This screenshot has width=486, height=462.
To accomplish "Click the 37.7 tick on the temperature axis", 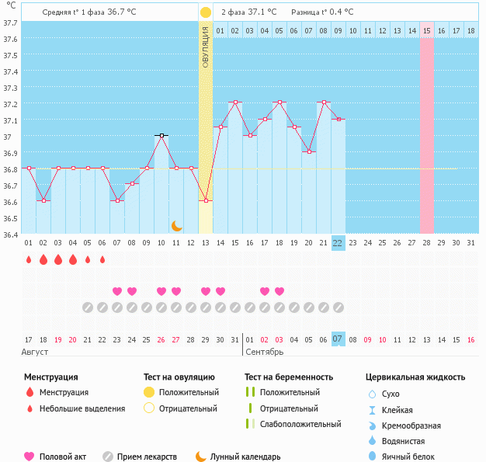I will tap(10, 23).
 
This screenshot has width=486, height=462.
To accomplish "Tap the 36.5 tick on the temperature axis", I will tap(10, 217).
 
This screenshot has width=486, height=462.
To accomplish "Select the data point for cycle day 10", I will tap(161, 135).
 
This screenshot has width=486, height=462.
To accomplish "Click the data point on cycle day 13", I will tap(206, 200).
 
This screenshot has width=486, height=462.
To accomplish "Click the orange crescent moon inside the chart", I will tap(177, 225).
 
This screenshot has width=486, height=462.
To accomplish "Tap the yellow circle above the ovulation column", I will tap(205, 12).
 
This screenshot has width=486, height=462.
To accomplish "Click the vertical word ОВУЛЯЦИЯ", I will tap(206, 46).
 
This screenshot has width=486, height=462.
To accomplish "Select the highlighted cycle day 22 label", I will tap(338, 243).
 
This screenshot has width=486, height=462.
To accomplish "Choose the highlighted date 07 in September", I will tap(338, 339).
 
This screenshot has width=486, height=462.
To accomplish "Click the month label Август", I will tap(35, 353).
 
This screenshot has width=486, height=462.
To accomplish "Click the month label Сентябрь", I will tap(265, 353).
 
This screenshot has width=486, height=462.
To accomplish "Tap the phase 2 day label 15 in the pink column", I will tap(427, 30).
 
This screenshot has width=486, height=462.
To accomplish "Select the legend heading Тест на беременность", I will tap(288, 377).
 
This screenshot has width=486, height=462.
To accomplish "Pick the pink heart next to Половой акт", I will tap(30, 457).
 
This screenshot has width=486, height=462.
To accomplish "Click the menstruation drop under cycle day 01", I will tap(29, 259).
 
